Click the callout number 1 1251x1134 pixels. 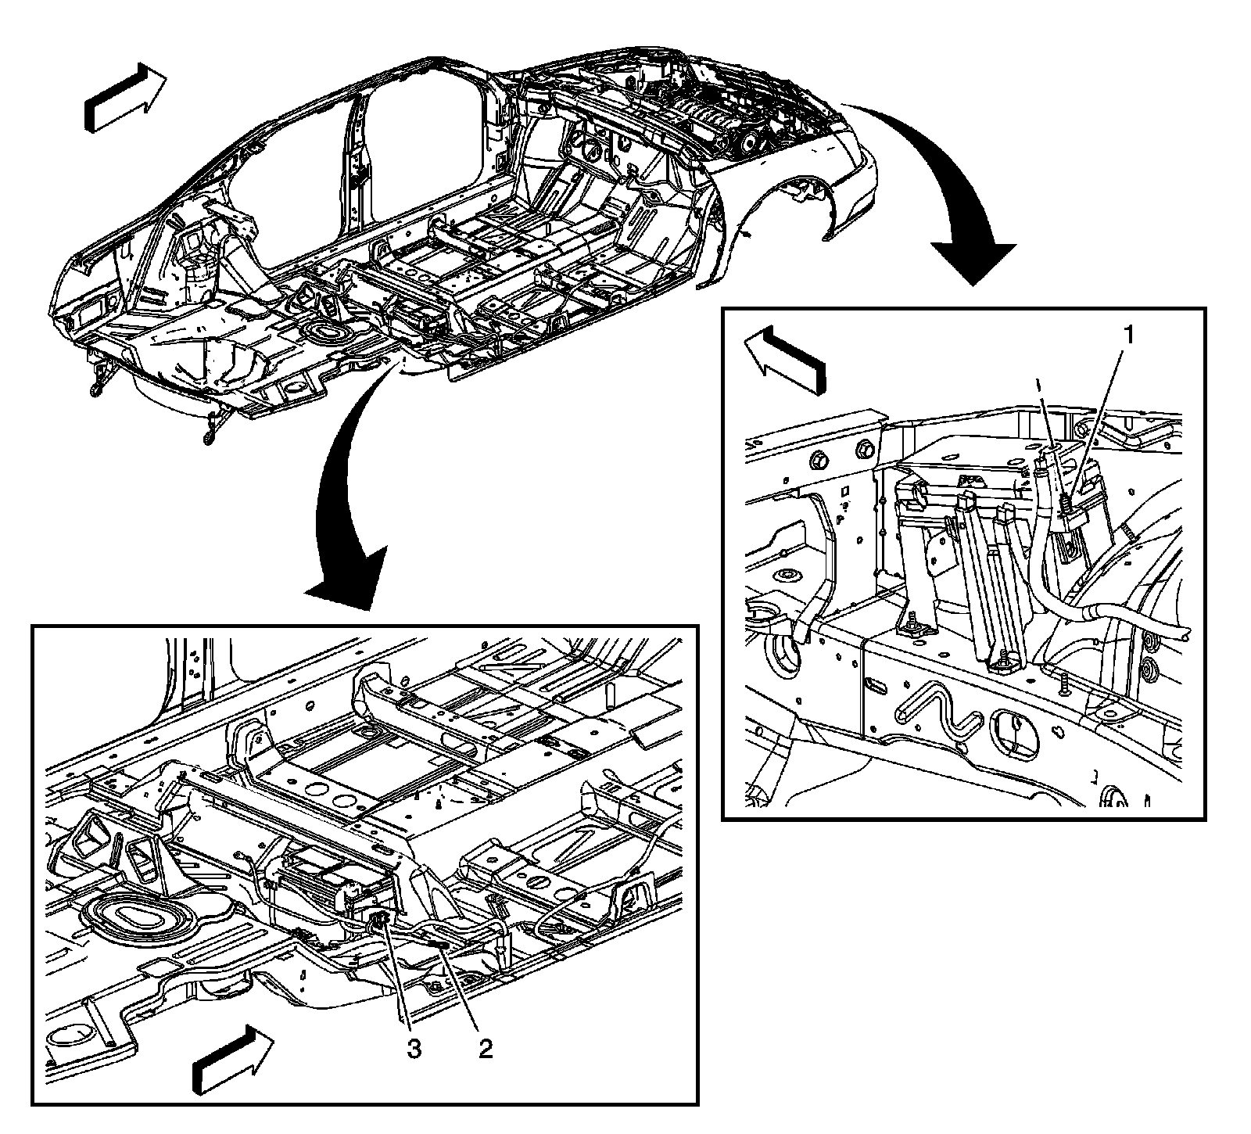[1127, 336]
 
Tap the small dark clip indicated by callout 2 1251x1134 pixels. [438, 946]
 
